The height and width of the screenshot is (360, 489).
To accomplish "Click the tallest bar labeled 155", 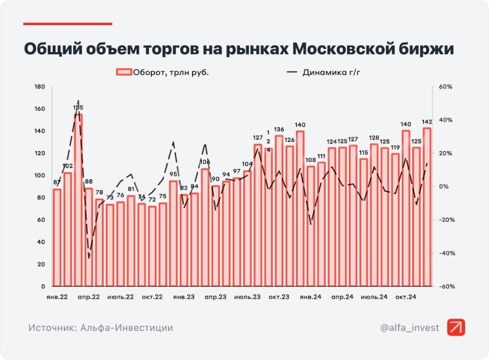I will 78,200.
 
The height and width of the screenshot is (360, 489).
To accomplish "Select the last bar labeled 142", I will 426,206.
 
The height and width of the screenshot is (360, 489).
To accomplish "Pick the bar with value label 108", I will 310,226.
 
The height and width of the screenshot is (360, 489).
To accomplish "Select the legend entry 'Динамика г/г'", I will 330,72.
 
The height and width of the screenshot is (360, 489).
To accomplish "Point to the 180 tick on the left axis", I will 39,86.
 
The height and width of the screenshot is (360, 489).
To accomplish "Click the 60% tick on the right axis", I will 446,86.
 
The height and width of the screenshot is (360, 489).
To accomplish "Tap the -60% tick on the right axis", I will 445,286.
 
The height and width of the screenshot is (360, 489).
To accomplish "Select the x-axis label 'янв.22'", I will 57,297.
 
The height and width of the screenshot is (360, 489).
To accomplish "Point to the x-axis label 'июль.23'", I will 247,297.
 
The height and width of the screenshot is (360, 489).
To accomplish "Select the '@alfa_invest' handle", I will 408,328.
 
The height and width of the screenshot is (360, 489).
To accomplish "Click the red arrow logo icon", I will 457,327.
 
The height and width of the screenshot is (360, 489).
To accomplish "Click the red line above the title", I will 68,24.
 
